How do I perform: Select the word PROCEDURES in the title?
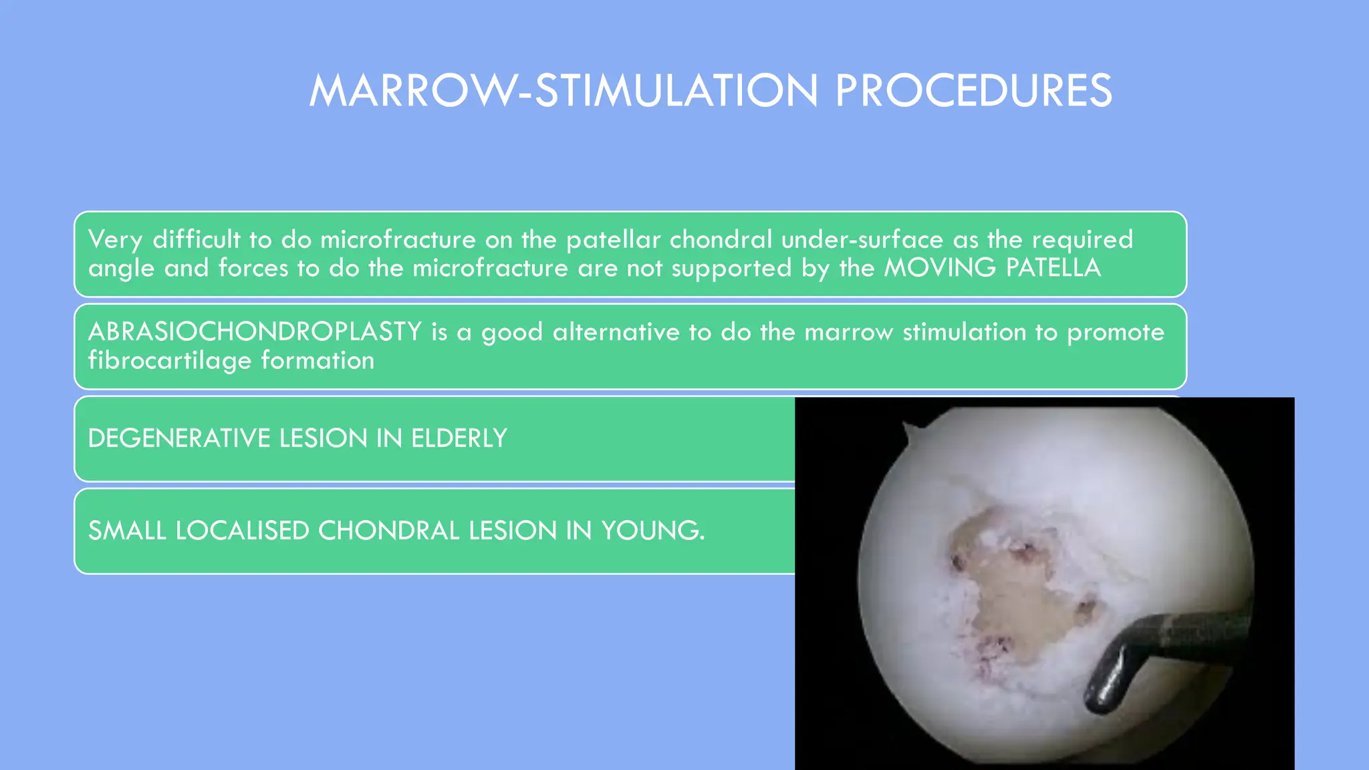[x=973, y=91]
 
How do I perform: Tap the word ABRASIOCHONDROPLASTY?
[x=255, y=332]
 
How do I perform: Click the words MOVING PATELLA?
[x=992, y=268]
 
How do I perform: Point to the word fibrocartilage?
[x=169, y=361]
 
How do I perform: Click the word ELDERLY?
[x=459, y=438]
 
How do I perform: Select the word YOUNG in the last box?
[x=652, y=531]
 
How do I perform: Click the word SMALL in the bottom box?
[x=127, y=531]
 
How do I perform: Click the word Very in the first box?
[x=115, y=239]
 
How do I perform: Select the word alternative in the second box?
[x=616, y=332]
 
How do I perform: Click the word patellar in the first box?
[x=613, y=239]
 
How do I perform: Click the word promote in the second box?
[x=1115, y=332]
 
